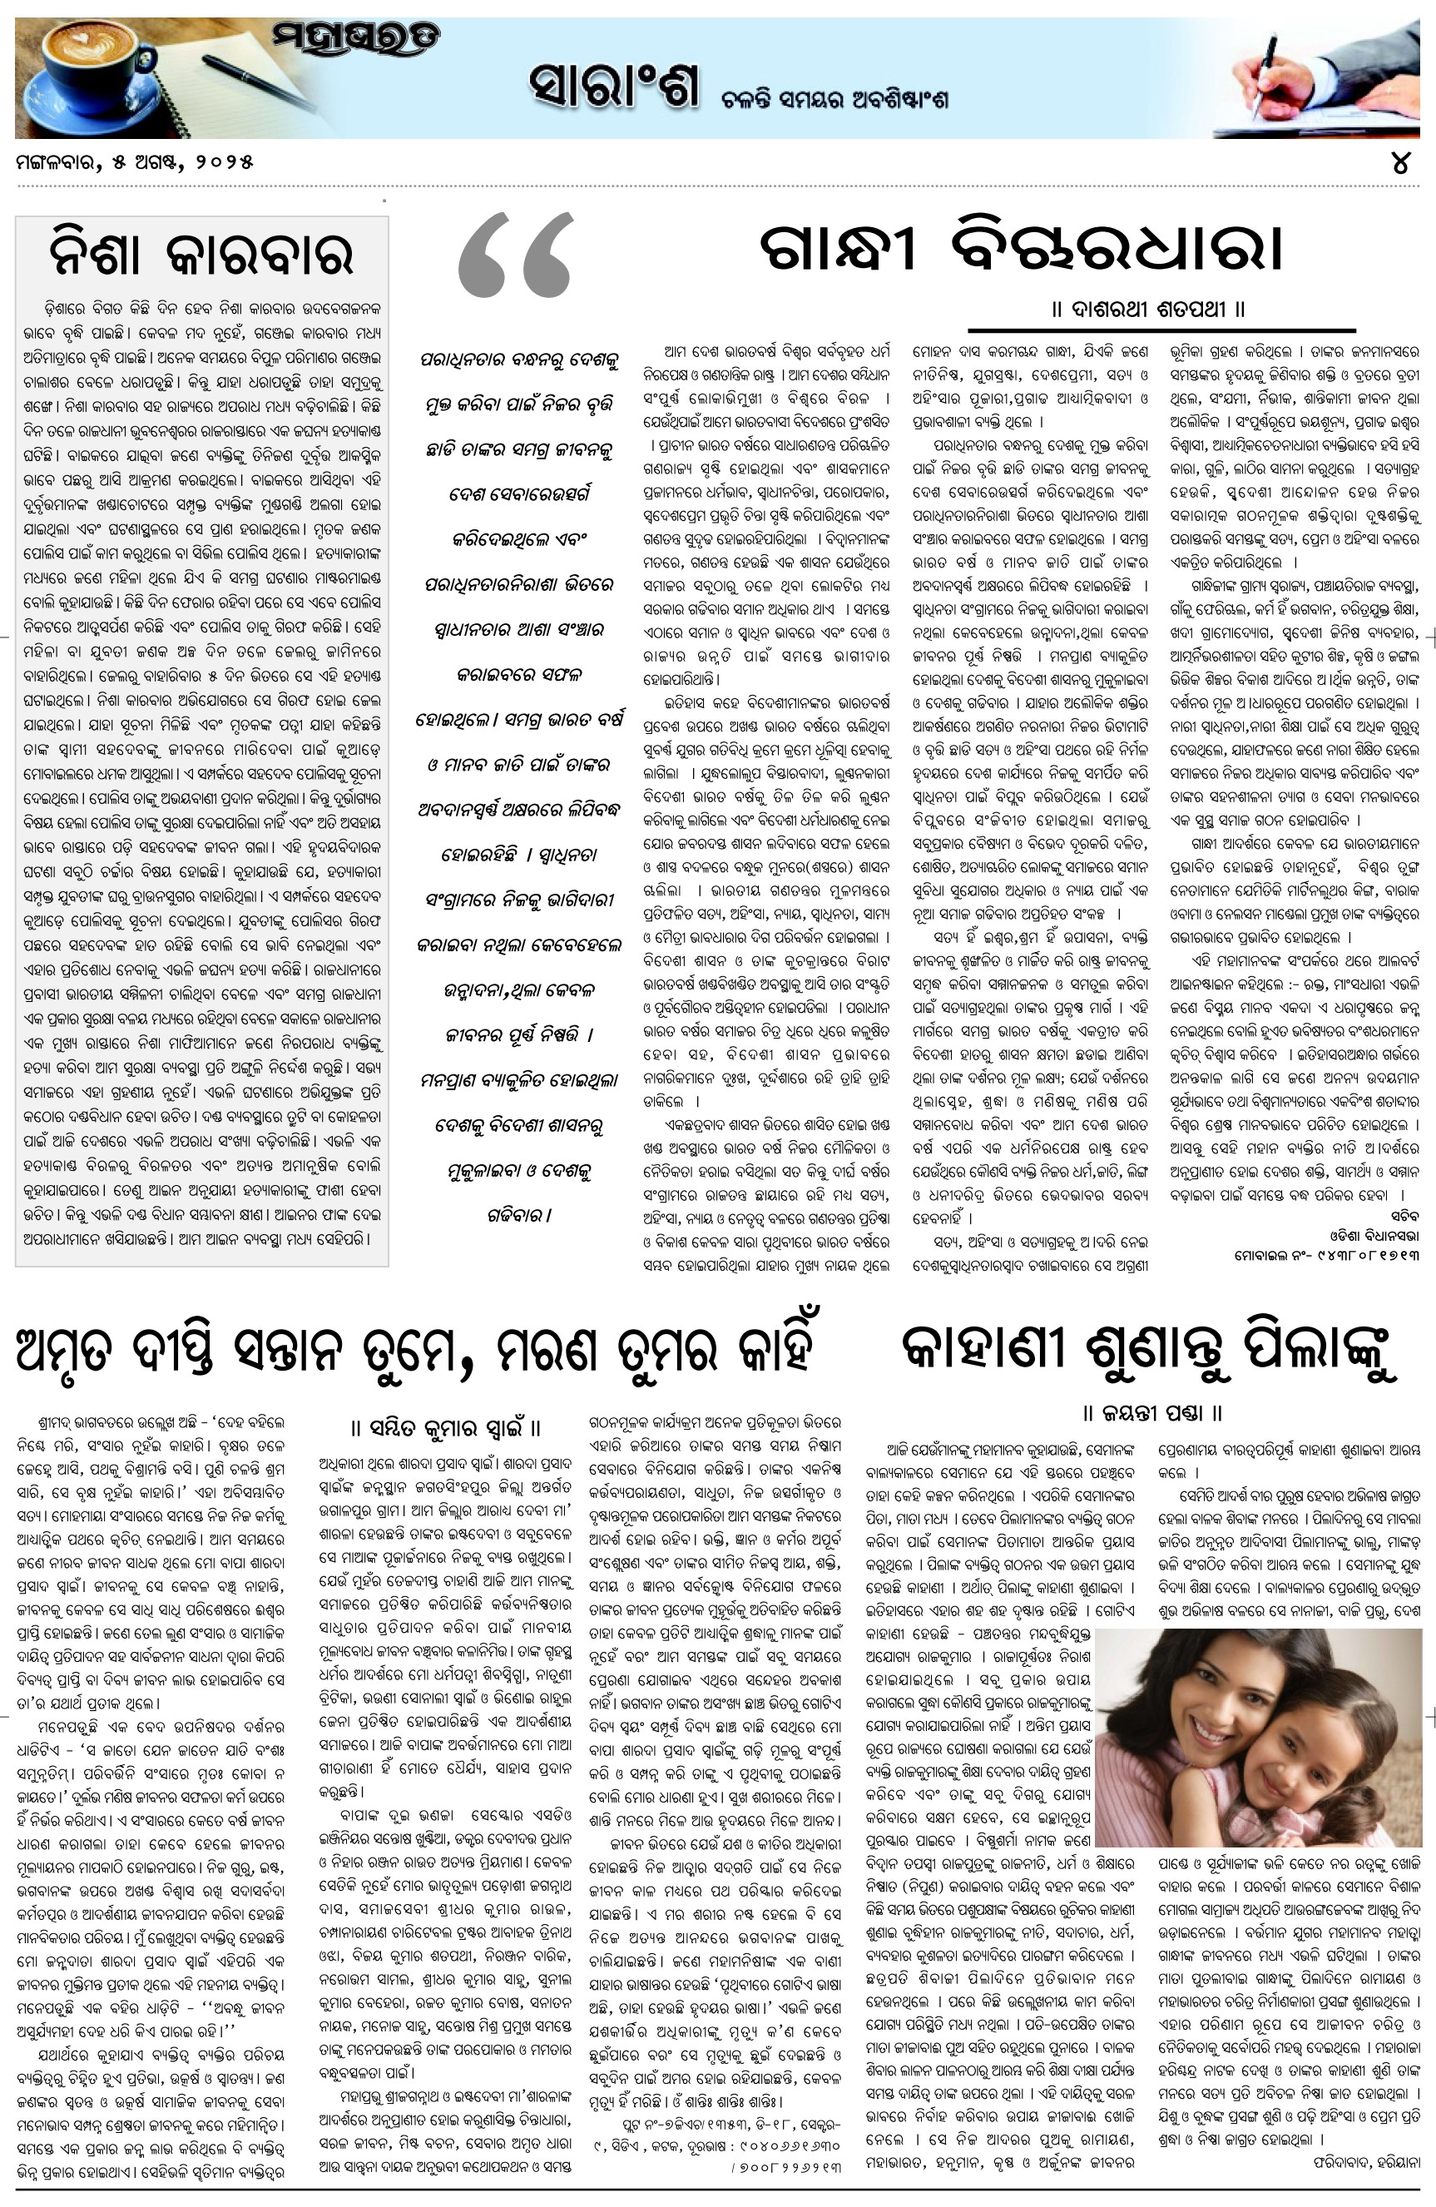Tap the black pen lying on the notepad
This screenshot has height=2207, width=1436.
(x=260, y=83)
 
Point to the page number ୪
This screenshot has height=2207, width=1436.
(x=1400, y=163)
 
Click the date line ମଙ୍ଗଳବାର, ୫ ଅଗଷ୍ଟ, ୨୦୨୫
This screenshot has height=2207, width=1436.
(x=135, y=163)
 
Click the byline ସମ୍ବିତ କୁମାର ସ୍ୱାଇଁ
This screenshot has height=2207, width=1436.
(x=446, y=1427)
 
